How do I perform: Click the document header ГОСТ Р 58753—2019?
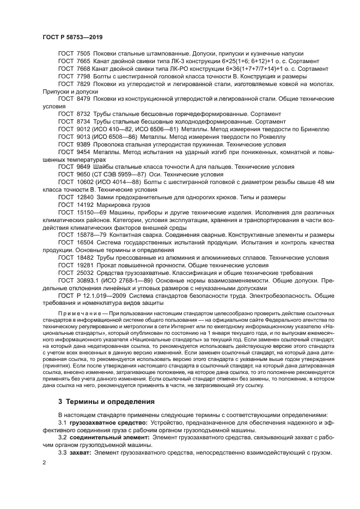click(72, 37)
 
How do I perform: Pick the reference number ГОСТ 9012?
click(74, 130)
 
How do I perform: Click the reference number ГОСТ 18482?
click(76, 256)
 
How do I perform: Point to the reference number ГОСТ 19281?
click(76, 264)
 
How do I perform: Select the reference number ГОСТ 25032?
click(76, 272)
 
